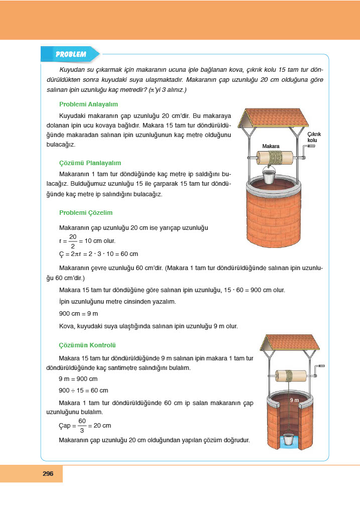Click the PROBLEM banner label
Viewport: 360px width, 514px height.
[71, 54]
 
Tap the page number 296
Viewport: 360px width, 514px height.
[48, 473]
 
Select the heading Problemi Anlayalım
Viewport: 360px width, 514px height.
[88, 104]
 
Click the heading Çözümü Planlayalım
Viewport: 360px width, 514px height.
[90, 163]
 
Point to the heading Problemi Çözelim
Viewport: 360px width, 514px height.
[86, 212]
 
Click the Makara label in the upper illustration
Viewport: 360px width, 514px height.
[271, 146]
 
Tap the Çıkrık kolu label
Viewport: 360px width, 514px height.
[314, 137]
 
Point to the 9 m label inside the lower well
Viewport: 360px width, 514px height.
[294, 400]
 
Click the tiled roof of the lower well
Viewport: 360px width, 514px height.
[292, 342]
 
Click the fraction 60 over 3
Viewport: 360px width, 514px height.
[82, 425]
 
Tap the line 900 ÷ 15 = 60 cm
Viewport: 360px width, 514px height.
[83, 390]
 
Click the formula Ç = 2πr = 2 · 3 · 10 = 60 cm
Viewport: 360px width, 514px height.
[98, 254]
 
